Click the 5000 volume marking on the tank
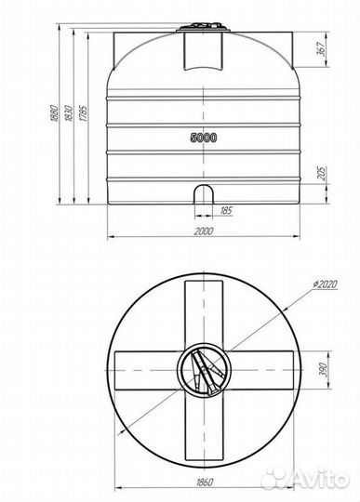point(204,138)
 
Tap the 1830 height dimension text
point(68,113)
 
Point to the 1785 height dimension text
point(83,113)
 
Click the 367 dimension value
point(321,49)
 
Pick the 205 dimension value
point(321,173)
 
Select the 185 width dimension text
point(226,211)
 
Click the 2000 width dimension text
point(203,231)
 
